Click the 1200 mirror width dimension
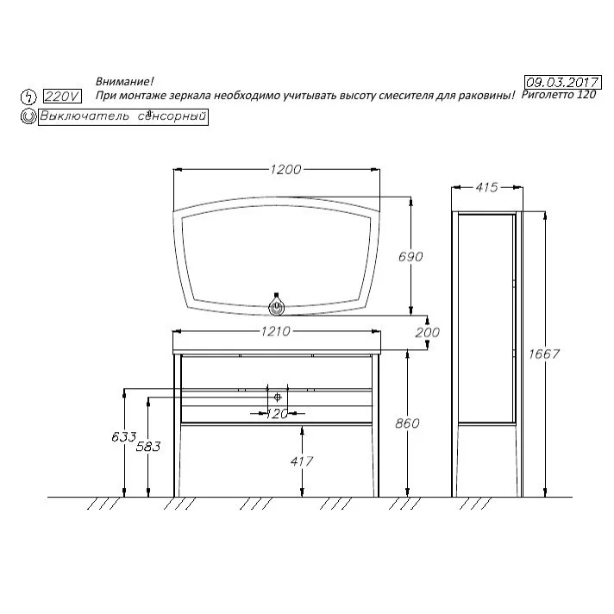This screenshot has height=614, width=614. click(285, 170)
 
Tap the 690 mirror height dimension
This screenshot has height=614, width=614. click(410, 256)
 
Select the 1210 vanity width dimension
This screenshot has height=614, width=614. click(276, 332)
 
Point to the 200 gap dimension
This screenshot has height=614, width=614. click(427, 333)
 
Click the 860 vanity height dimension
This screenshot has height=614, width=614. click(407, 423)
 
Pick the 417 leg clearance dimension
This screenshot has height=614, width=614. click(302, 460)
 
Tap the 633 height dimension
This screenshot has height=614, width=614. click(123, 436)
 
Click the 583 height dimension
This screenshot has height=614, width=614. click(148, 446)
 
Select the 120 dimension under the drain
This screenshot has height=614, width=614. click(277, 414)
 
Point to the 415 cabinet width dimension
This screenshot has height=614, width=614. click(486, 188)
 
